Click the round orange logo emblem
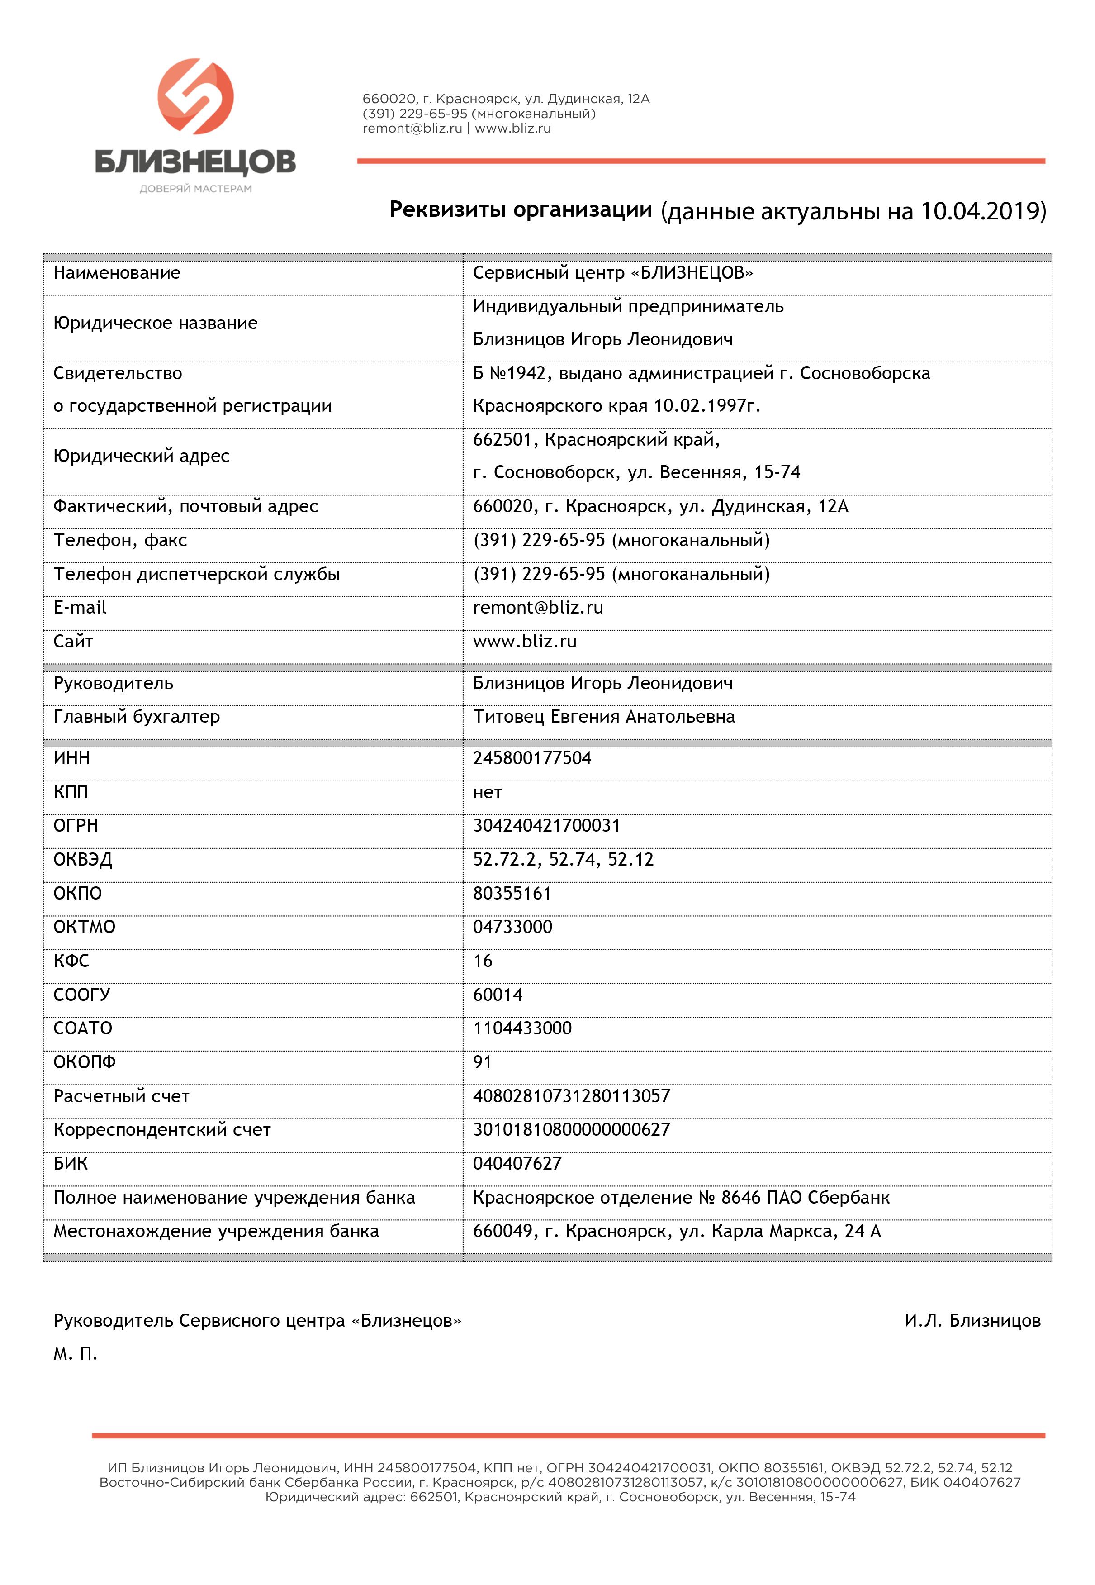tap(195, 96)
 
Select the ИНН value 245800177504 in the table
tap(532, 758)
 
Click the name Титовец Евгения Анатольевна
tap(604, 717)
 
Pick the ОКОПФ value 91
tap(482, 1063)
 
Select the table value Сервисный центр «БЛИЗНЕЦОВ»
tap(613, 273)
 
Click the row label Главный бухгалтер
tap(137, 717)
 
